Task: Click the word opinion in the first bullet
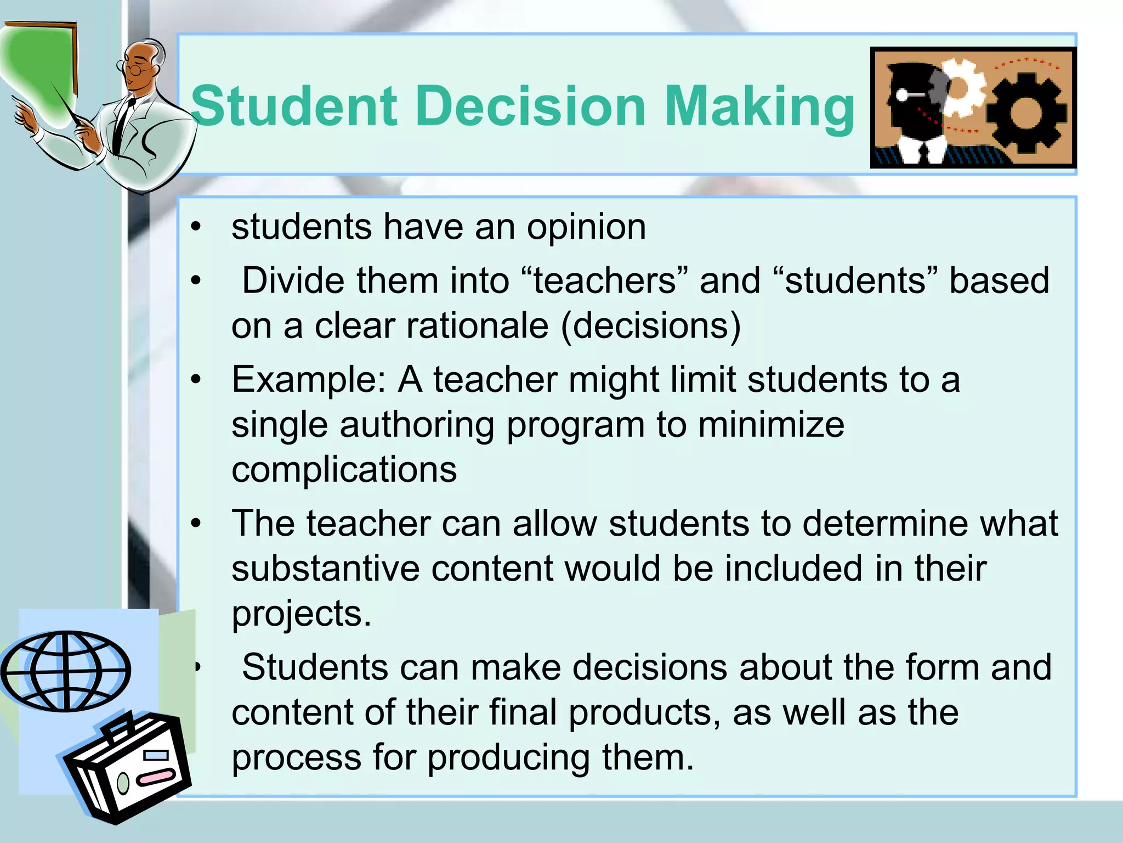point(586,228)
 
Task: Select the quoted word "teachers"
point(604,280)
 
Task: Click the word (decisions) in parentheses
point(650,326)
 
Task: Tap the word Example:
point(309,380)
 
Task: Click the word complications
point(344,470)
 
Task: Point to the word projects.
point(301,614)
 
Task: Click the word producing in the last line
point(508,757)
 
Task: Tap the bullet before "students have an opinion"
point(196,227)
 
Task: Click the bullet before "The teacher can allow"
point(196,524)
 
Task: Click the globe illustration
point(66,670)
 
